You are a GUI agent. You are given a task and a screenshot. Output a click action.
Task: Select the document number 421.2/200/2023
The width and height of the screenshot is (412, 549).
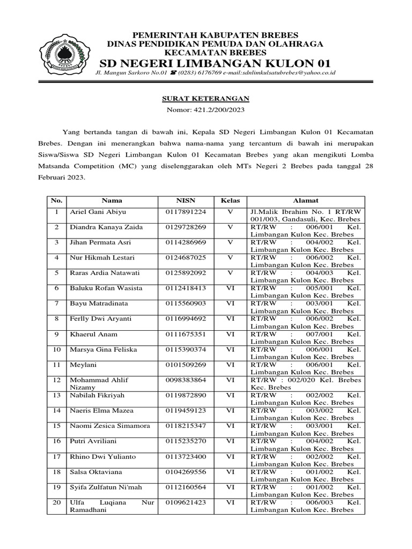(206, 109)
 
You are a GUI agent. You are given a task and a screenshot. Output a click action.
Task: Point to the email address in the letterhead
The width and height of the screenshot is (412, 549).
(278, 72)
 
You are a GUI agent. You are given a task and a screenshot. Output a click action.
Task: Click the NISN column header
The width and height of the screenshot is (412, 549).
(186, 201)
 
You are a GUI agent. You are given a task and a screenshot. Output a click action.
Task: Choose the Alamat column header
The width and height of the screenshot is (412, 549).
(305, 201)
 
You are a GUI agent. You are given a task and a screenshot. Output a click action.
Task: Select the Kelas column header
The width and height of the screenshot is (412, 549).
(230, 201)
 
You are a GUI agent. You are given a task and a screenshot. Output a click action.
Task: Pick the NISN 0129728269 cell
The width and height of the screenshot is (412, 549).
(186, 227)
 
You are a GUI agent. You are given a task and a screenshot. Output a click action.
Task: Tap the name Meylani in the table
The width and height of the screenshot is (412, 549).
(83, 365)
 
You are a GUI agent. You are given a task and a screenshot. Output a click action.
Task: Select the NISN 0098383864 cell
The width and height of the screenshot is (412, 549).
(186, 380)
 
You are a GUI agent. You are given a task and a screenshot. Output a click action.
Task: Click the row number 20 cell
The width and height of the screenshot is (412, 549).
(56, 502)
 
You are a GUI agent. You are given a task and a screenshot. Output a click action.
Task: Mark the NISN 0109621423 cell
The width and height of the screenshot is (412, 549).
(186, 502)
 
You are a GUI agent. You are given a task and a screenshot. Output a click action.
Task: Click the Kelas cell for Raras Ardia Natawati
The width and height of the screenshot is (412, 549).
(230, 273)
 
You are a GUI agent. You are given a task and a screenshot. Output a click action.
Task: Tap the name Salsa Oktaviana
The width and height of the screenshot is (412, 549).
(96, 472)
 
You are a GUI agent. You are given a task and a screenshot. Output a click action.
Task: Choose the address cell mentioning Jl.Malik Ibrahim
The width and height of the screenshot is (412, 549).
(305, 216)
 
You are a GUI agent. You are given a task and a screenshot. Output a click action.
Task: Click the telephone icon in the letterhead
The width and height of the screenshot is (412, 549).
(173, 72)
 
